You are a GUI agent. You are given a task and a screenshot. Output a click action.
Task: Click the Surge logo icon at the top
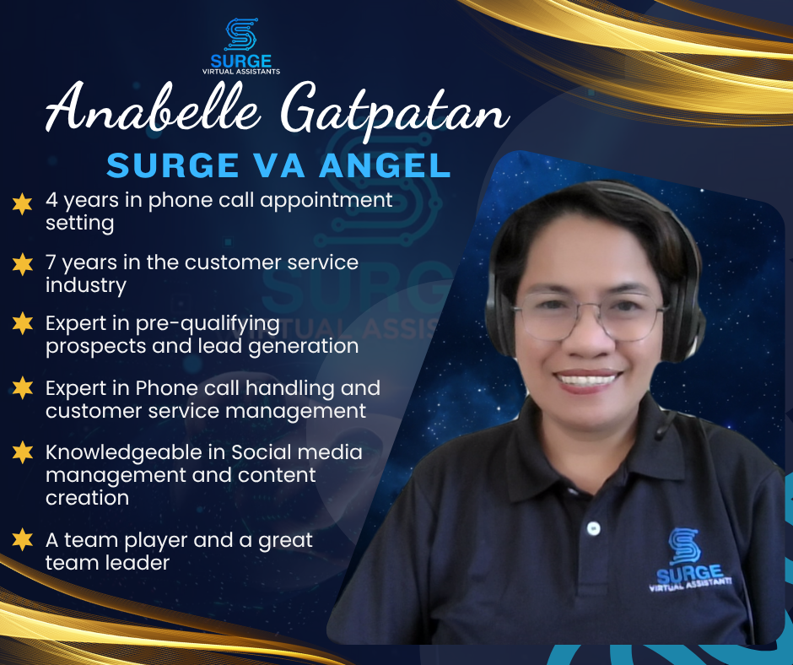point(241,35)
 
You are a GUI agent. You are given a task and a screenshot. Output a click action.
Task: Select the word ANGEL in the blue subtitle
point(385,165)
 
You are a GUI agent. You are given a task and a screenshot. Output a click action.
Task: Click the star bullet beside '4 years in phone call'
point(22,204)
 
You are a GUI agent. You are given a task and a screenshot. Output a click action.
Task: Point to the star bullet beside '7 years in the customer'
point(22,264)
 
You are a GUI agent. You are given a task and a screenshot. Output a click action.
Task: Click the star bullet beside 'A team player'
point(22,539)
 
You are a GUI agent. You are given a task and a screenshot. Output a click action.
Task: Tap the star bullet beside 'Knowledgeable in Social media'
point(22,452)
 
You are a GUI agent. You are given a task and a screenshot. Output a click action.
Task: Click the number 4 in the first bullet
point(51,200)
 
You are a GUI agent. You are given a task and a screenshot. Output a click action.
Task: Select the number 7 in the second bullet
point(51,262)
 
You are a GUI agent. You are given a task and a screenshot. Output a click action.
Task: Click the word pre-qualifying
point(208,325)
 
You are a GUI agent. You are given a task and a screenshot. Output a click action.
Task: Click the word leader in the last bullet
point(143,563)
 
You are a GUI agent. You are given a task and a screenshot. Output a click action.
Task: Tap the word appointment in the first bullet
point(326,201)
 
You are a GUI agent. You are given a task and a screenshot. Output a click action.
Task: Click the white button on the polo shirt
point(593,528)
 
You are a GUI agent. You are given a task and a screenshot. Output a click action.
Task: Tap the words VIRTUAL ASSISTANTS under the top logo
point(241,72)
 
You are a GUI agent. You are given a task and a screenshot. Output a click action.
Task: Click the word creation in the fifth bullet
point(87,498)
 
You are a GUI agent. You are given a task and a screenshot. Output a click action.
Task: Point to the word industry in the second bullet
point(86,285)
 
